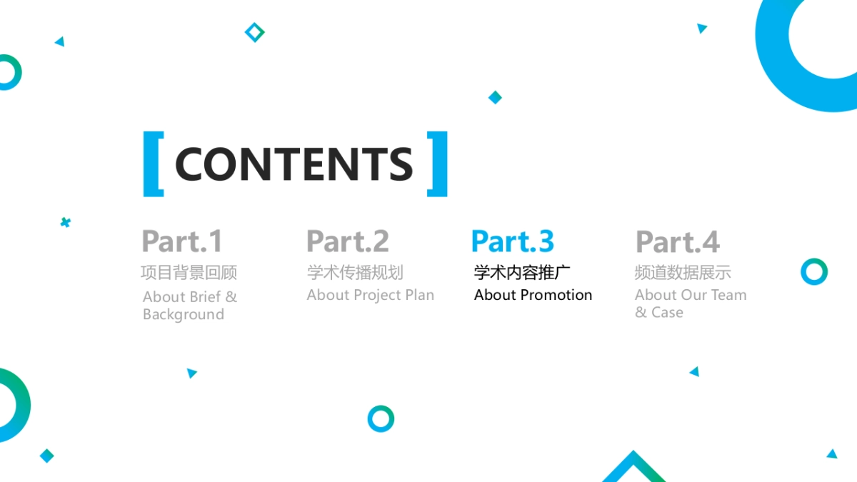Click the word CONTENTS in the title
pyautogui.click(x=294, y=164)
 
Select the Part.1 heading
pyautogui.click(x=181, y=241)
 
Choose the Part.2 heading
pyautogui.click(x=348, y=241)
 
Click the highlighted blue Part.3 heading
pyautogui.click(x=513, y=241)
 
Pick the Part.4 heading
pyautogui.click(x=678, y=241)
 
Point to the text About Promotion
pyautogui.click(x=533, y=295)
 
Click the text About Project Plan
pyautogui.click(x=371, y=295)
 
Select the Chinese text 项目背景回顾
pyautogui.click(x=189, y=272)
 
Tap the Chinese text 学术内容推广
pyautogui.click(x=522, y=272)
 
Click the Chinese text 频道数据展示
pyautogui.click(x=683, y=272)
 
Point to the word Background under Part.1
pyautogui.click(x=184, y=314)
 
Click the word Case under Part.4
pyautogui.click(x=667, y=313)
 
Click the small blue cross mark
pyautogui.click(x=66, y=222)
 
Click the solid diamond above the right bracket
pyautogui.click(x=495, y=97)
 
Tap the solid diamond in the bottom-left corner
pyautogui.click(x=46, y=456)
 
